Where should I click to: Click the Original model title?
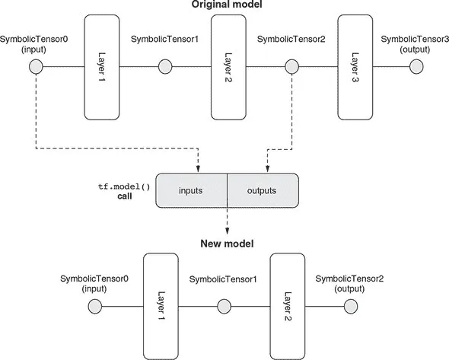coord(227,5)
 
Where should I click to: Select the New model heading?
coord(227,244)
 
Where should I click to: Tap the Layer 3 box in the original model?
coord(355,67)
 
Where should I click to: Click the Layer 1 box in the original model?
coord(102,67)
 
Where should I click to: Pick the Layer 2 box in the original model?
coord(228,67)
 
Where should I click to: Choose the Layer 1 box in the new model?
coord(161,307)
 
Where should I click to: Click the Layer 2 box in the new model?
coord(288,307)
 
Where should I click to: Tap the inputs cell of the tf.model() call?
coord(192,190)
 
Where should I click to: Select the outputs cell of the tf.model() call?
coord(263,190)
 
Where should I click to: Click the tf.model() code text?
coord(124,186)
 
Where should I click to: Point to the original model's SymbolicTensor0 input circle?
coord(36,67)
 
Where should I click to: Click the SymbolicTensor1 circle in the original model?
coord(165,67)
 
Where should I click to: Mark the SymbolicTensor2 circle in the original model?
coord(291,67)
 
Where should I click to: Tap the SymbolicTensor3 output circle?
coord(416,67)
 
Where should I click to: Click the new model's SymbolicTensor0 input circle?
coord(95,307)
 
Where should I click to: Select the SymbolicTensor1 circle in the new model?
coord(224,307)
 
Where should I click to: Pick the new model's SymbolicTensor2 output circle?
coord(351,307)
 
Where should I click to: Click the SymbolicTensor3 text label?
coord(415,40)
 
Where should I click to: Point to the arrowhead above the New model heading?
coord(227,231)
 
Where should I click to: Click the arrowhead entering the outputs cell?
coord(267,169)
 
